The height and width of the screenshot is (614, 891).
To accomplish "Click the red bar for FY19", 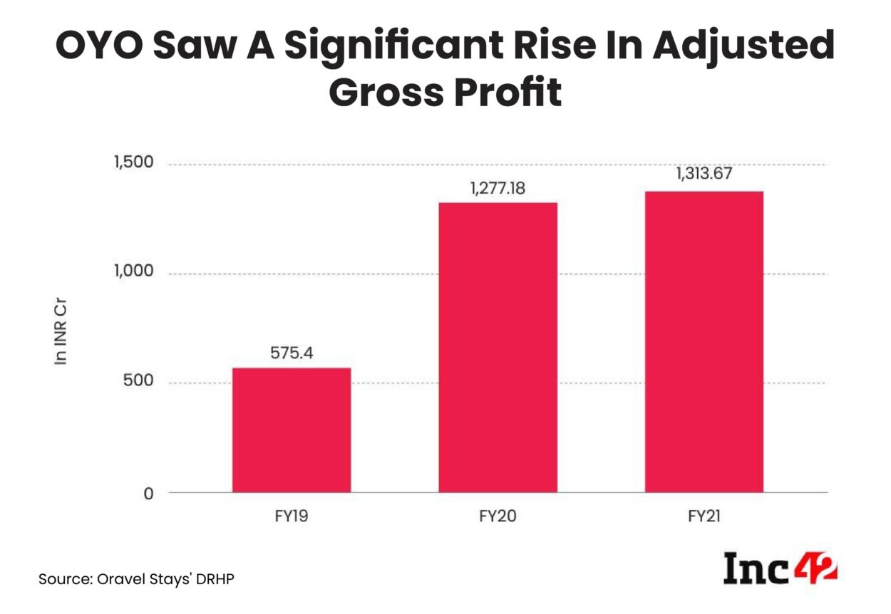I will [x=292, y=430].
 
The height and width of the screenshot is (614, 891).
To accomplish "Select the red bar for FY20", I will [x=498, y=347].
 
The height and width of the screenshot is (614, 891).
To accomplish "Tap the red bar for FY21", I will [x=704, y=341].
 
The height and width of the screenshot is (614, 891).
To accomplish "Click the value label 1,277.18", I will [x=498, y=189].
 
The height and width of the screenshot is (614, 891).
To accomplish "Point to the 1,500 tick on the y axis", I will [x=134, y=163].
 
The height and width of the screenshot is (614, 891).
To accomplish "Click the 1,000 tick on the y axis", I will [x=134, y=273].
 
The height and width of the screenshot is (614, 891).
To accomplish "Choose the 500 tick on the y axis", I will [x=139, y=383].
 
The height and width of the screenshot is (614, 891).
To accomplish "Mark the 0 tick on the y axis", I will [x=148, y=493].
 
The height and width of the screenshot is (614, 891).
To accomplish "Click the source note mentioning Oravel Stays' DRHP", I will [x=135, y=579].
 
